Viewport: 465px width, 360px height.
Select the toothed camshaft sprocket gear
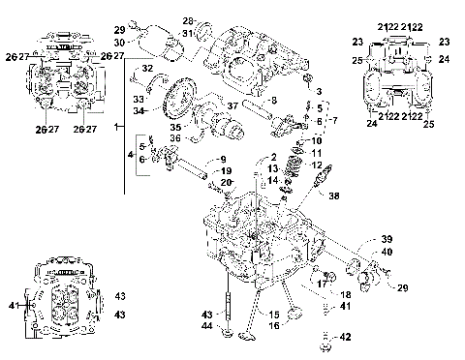tap(176, 101)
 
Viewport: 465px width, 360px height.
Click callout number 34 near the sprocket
tap(140, 111)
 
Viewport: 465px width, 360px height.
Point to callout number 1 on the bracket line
tap(118, 128)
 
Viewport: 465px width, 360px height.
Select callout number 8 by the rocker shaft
tap(275, 100)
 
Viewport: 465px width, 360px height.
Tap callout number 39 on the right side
tap(386, 239)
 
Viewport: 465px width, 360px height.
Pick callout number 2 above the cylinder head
tap(274, 157)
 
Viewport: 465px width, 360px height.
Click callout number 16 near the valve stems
tap(274, 327)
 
